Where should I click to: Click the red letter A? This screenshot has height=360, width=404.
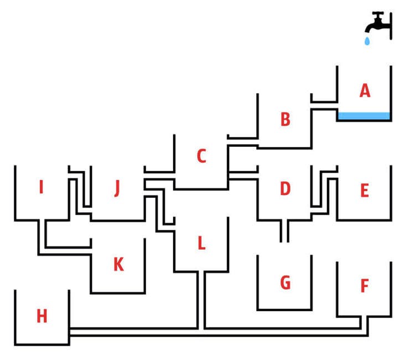pyautogui.click(x=364, y=90)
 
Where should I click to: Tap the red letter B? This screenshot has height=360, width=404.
pyautogui.click(x=285, y=119)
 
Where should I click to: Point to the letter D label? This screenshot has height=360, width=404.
pyautogui.click(x=285, y=189)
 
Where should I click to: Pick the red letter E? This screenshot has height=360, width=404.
pyautogui.click(x=364, y=191)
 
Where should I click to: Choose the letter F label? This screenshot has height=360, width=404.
pyautogui.click(x=364, y=286)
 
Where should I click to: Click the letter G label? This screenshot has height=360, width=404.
pyautogui.click(x=285, y=284)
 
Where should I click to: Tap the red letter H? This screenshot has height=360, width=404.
pyautogui.click(x=42, y=316)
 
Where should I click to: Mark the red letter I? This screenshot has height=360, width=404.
pyautogui.click(x=41, y=188)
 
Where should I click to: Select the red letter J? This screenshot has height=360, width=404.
pyautogui.click(x=117, y=189)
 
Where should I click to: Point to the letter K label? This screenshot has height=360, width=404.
pyautogui.click(x=118, y=265)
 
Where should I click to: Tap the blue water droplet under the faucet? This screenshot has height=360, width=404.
pyautogui.click(x=366, y=42)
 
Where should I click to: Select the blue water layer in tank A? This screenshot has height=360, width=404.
pyautogui.click(x=364, y=116)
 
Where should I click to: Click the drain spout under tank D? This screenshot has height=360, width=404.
pyautogui.click(x=284, y=232)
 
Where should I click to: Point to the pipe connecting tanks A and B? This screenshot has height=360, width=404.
pyautogui.click(x=324, y=106)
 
